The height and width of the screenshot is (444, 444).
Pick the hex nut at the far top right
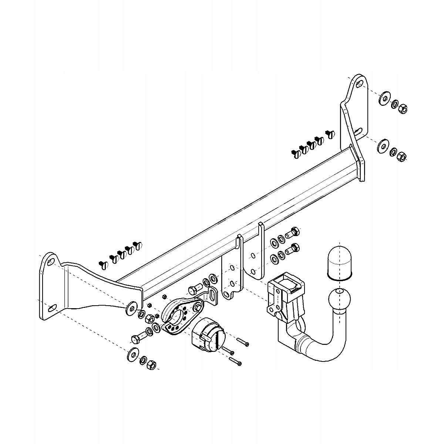coord(403,108)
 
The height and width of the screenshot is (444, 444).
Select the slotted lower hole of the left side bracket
coord(52,307)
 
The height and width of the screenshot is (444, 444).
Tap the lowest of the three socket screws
coord(236,361)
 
